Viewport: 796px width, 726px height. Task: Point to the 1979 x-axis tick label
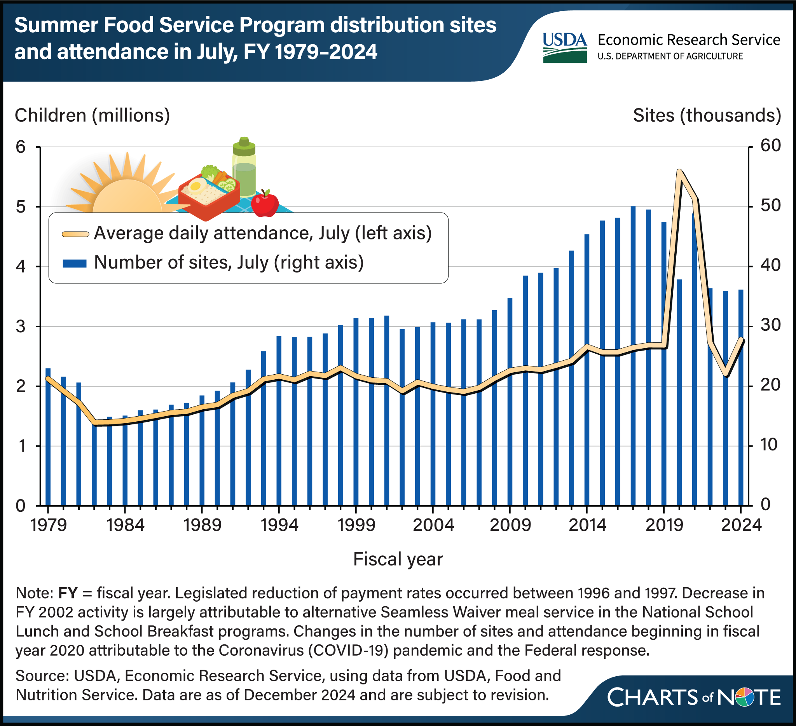tap(48, 525)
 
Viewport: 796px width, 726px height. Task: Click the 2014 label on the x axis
tap(587, 525)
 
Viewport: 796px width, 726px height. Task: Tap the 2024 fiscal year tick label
tap(741, 525)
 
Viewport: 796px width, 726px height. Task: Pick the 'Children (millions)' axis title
tap(93, 115)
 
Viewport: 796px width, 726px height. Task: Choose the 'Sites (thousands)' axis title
tap(707, 115)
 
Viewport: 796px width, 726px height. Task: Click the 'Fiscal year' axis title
tap(398, 559)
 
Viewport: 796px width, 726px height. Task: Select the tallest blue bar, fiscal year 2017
tap(633, 355)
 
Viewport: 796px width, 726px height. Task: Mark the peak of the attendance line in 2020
tap(679, 171)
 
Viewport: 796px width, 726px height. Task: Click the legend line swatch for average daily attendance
tap(75, 234)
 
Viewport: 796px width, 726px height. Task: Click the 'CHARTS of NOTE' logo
tap(694, 697)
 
